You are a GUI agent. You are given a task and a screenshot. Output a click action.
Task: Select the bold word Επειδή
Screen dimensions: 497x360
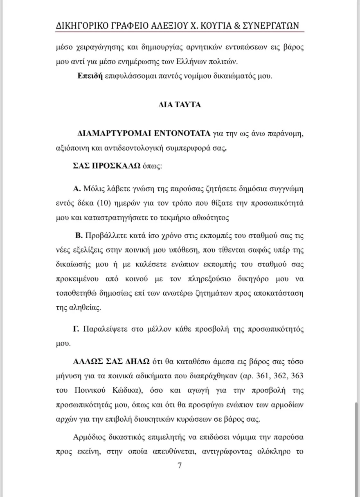coord(90,77)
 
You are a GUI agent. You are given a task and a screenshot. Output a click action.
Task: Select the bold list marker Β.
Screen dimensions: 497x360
coord(79,236)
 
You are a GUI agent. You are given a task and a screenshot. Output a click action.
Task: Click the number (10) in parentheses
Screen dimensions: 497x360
coord(105,203)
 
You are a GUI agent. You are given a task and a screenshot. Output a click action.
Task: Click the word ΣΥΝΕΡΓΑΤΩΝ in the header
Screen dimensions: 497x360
coord(277,26)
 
